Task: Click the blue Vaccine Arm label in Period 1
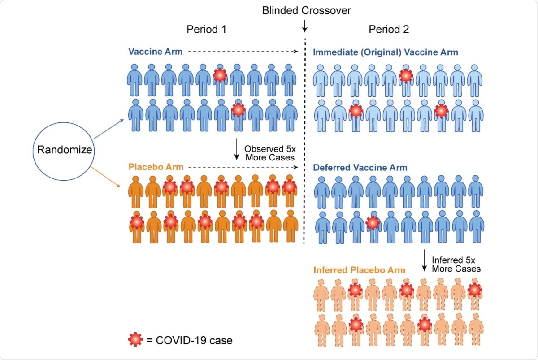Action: click(x=156, y=52)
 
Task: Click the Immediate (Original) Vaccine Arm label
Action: click(x=386, y=52)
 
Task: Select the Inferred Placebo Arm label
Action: click(x=359, y=270)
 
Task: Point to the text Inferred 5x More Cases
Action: click(x=456, y=264)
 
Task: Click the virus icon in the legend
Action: click(x=135, y=340)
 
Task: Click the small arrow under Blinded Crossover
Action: click(x=304, y=27)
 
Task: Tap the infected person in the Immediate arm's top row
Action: click(x=406, y=76)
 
